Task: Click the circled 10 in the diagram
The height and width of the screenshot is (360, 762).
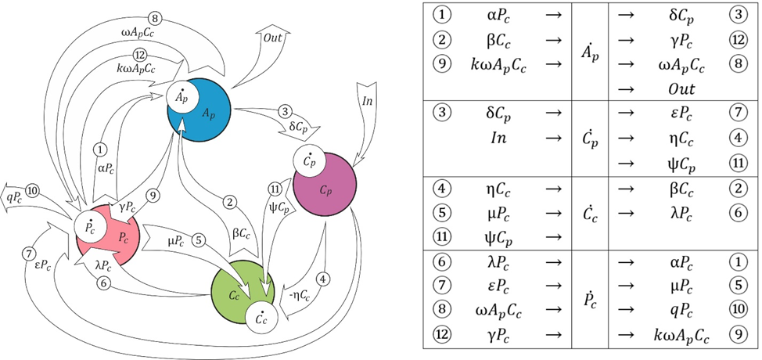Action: [33, 190]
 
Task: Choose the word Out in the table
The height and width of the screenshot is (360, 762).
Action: [670, 90]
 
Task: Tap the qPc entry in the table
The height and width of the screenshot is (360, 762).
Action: [670, 310]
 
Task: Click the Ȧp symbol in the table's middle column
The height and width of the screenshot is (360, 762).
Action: [591, 52]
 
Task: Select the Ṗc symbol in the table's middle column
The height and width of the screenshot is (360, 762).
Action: [591, 298]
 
